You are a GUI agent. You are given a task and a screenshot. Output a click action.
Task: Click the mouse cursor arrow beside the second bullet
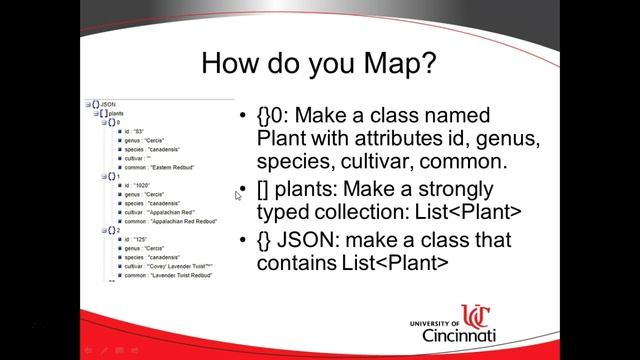(x=238, y=195)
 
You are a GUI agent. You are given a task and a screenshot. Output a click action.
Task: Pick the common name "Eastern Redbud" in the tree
(x=170, y=166)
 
